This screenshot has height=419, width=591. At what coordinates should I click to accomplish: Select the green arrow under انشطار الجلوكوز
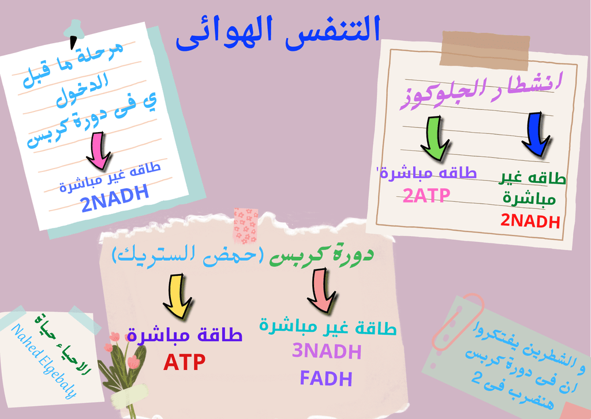click(x=435, y=139)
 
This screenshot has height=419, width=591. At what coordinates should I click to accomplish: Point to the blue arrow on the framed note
click(x=536, y=134)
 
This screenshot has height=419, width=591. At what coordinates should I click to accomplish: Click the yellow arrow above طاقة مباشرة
click(x=178, y=296)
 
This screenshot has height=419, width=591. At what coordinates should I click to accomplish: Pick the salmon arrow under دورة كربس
click(x=321, y=290)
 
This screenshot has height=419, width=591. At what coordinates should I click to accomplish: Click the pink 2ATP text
click(x=427, y=196)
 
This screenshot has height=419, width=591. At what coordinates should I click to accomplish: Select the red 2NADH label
click(x=530, y=221)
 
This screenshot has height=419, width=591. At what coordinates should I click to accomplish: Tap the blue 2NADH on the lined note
click(x=115, y=198)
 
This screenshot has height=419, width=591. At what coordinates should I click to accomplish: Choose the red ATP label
click(x=184, y=362)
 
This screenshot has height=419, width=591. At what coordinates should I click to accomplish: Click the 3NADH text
click(x=327, y=351)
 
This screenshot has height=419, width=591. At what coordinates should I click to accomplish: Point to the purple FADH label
click(x=326, y=378)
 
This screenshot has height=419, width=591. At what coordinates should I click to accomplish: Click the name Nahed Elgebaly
click(x=44, y=361)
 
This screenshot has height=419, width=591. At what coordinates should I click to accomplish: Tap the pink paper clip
click(x=458, y=322)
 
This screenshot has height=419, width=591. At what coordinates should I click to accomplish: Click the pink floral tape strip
click(x=246, y=226)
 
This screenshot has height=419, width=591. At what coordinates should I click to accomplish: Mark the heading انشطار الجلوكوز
click(x=481, y=91)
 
